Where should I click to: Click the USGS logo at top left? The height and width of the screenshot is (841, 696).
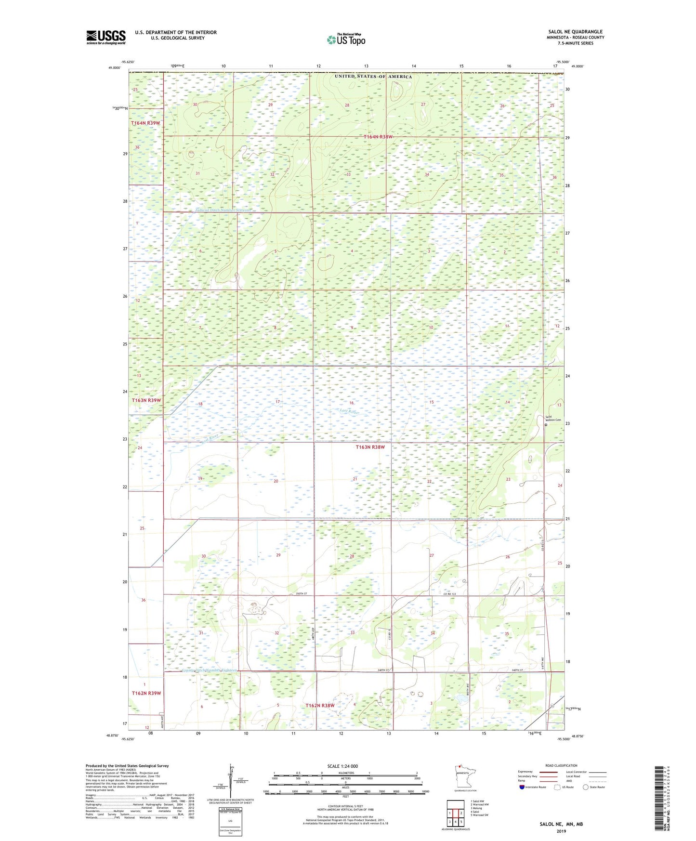pos(105,37)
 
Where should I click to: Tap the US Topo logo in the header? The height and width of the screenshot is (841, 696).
pos(345,39)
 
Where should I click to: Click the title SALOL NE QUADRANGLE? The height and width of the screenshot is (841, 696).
pos(575,32)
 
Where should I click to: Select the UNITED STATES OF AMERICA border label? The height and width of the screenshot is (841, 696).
pos(373,77)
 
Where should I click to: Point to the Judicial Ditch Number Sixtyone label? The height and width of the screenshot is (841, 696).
pos(223,210)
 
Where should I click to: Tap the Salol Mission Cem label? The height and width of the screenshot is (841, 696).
pos(552,418)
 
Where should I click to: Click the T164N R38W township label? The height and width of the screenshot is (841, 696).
pos(378,137)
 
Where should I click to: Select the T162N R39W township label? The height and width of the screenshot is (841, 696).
pos(146,693)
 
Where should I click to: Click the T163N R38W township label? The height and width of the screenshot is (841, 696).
pos(370,447)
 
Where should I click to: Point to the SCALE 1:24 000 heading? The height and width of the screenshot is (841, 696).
pos(342,766)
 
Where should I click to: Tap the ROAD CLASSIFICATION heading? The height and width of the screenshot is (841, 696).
pos(561,765)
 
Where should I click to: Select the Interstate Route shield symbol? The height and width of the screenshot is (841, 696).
pos(522,787)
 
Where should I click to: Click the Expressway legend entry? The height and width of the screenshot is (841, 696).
pos(525,772)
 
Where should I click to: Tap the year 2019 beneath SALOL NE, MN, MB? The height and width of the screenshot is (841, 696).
pos(561,831)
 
